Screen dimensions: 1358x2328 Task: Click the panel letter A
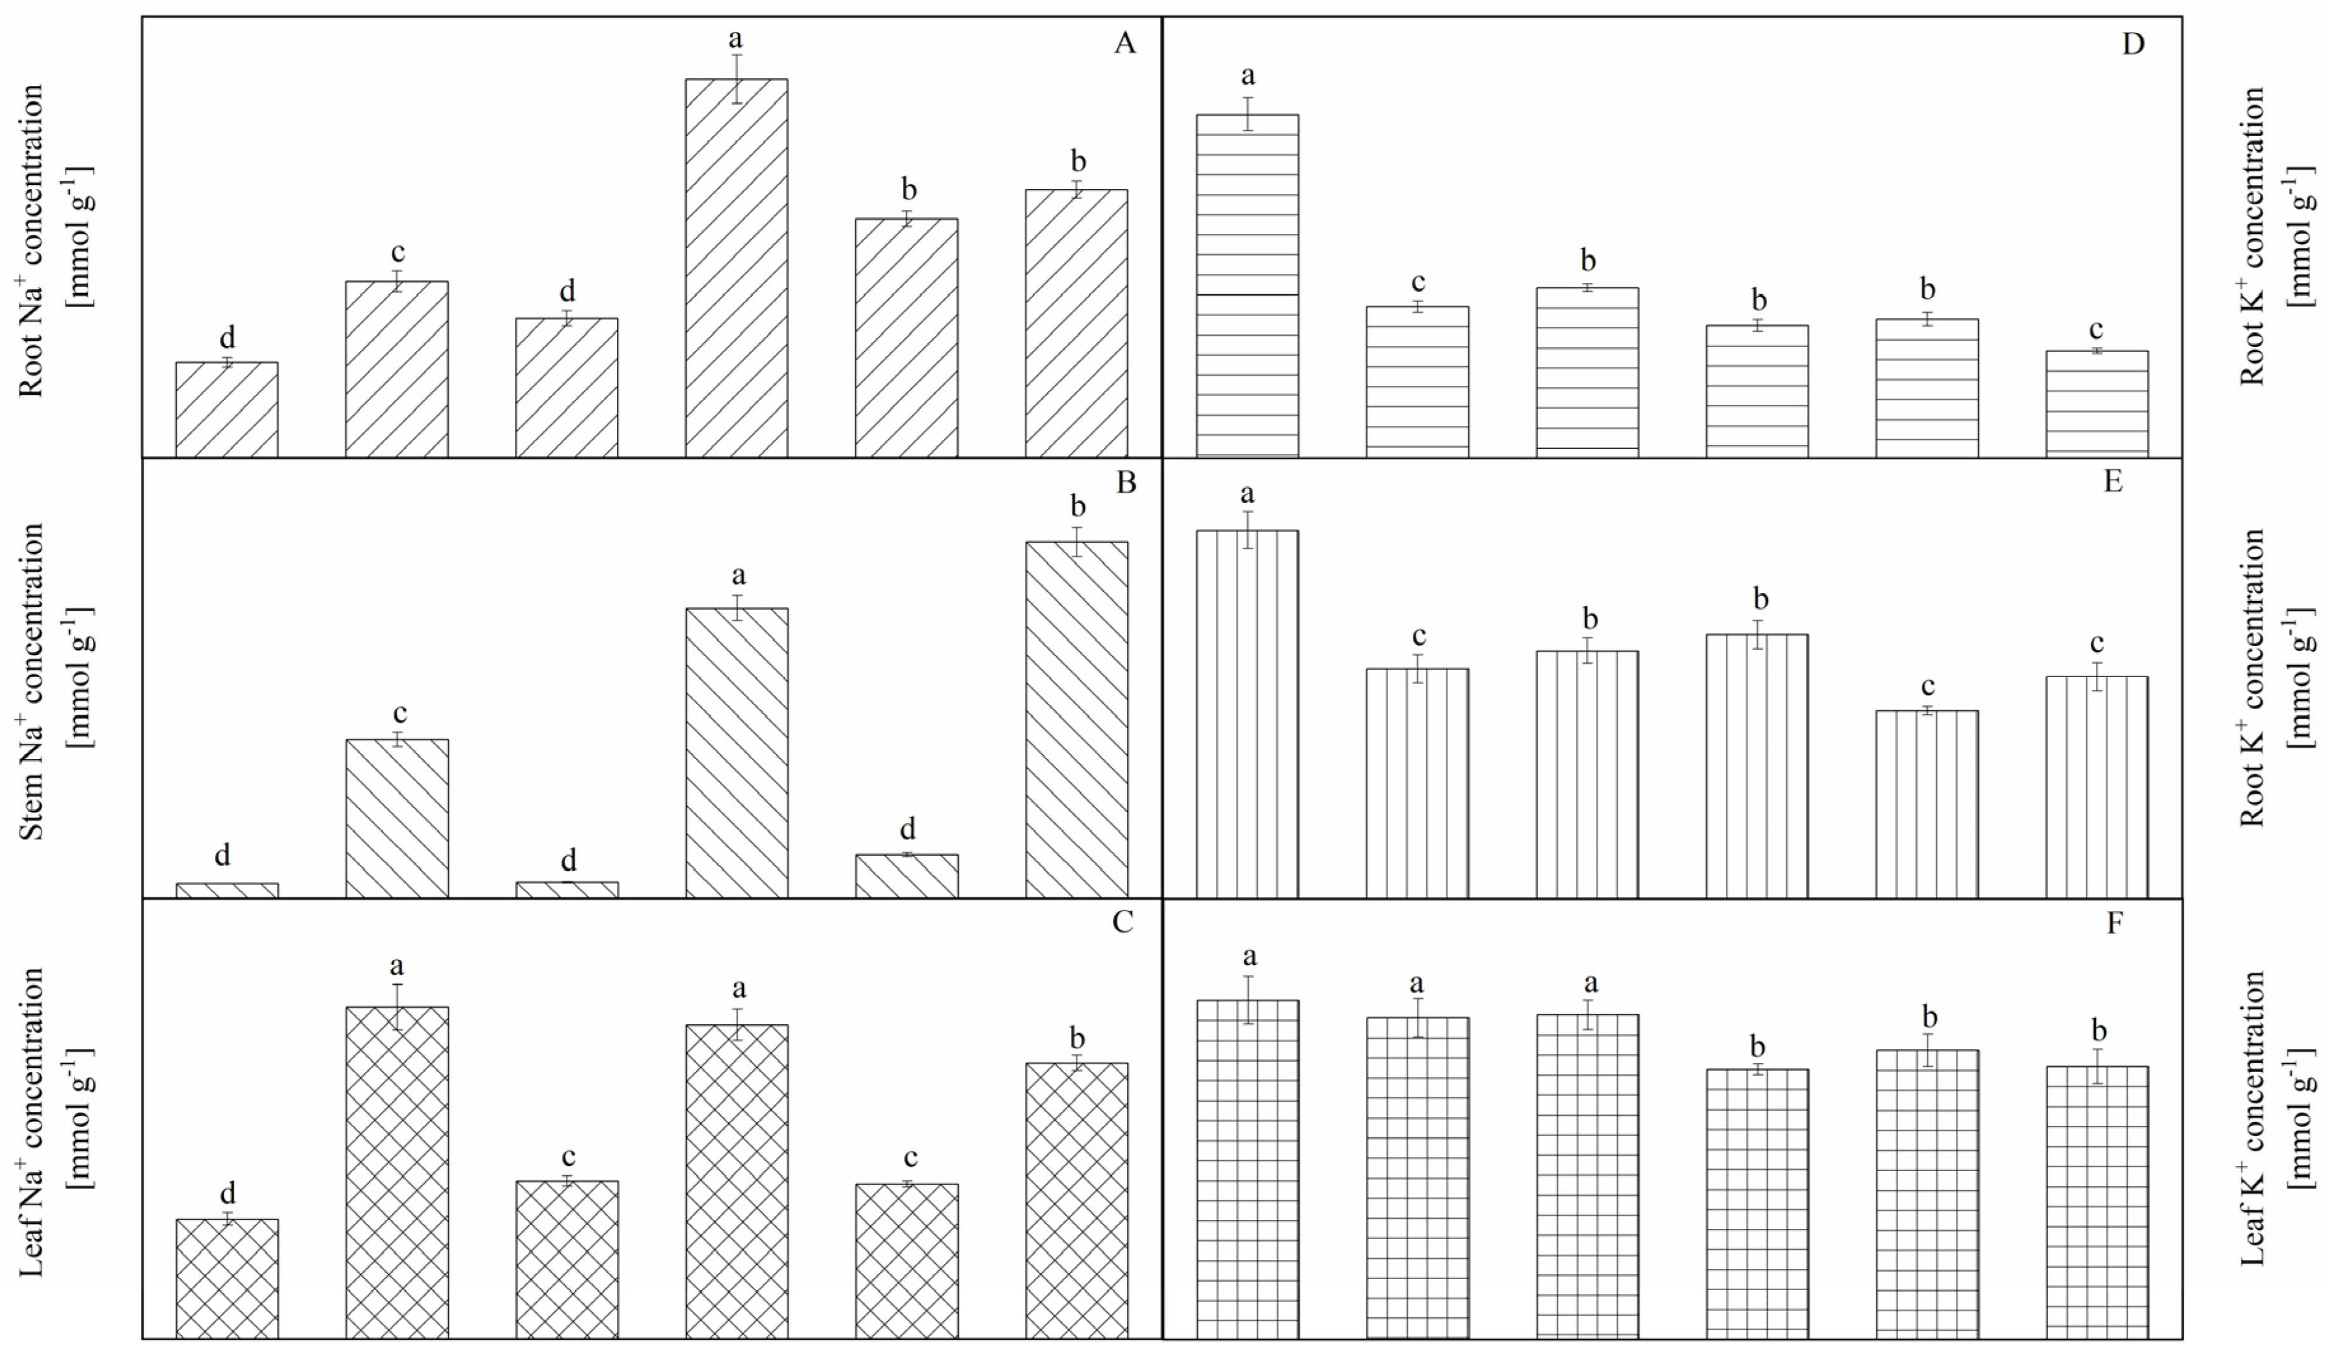(x=1124, y=43)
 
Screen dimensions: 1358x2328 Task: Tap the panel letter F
(x=2114, y=923)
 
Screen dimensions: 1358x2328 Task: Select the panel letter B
(x=1125, y=483)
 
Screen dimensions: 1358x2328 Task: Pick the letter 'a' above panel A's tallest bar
(x=736, y=39)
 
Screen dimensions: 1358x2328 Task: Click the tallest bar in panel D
(x=1247, y=286)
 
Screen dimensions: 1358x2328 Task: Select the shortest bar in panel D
(x=2097, y=404)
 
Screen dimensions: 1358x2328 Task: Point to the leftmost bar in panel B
(x=226, y=889)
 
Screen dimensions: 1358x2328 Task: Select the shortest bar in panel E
(x=1927, y=804)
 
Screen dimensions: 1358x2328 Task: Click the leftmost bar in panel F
(x=1247, y=1169)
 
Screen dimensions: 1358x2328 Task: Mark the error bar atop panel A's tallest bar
(x=736, y=79)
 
